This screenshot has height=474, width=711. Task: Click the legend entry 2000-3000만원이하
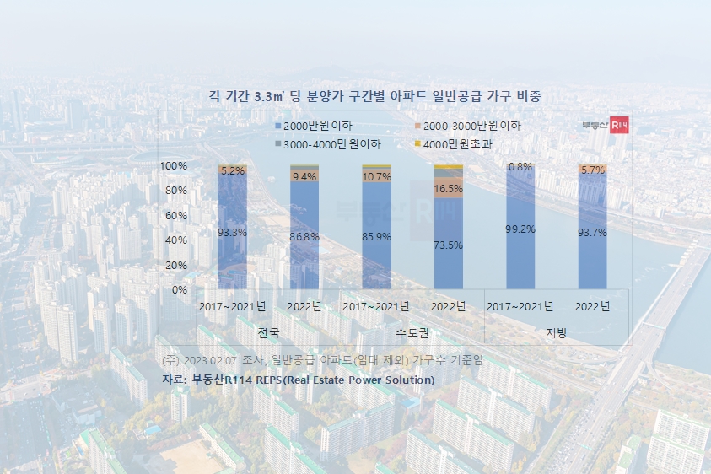click(x=466, y=126)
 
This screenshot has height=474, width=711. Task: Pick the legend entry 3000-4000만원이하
click(x=328, y=144)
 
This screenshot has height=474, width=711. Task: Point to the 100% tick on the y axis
click(x=173, y=166)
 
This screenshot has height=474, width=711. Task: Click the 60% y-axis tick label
click(x=175, y=216)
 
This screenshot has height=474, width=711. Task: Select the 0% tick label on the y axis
click(x=179, y=290)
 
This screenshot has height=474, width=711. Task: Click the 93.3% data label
click(x=232, y=233)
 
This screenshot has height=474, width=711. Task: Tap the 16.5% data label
click(x=449, y=189)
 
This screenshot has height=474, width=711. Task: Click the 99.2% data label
click(x=520, y=229)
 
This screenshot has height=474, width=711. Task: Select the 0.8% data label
click(x=520, y=167)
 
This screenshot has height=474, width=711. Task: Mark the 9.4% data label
click(x=304, y=177)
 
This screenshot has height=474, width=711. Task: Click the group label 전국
click(x=268, y=332)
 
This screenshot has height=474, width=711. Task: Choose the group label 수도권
click(x=412, y=332)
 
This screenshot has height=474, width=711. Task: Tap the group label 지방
click(x=557, y=332)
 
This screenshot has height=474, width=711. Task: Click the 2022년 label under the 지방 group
click(x=592, y=305)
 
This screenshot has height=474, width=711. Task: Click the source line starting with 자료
click(x=298, y=380)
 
